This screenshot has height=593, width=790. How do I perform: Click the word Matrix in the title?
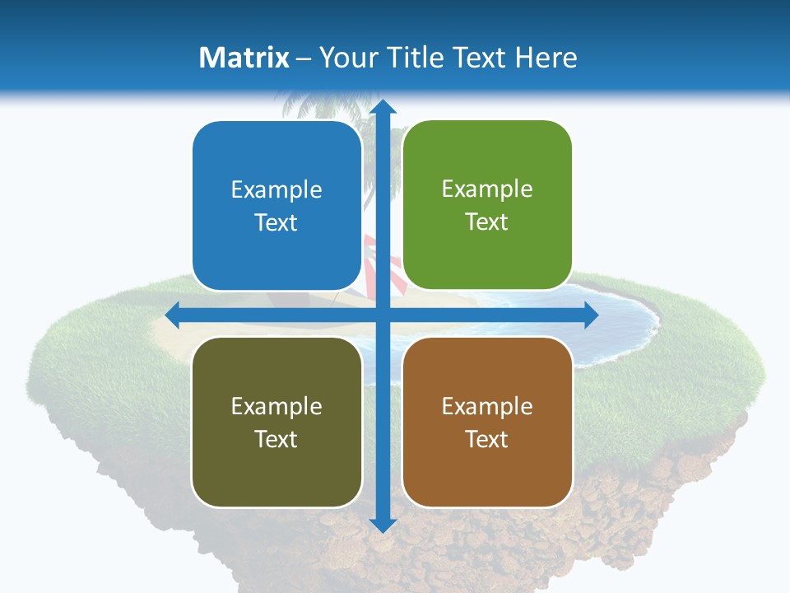tap(244, 58)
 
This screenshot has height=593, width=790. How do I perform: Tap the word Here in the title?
tap(546, 58)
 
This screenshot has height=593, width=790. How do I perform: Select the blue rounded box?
tap(276, 206)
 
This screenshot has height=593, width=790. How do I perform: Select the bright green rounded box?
tap(487, 205)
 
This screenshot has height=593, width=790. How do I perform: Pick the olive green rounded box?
tap(276, 422)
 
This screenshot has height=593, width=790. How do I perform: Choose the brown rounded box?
tap(487, 422)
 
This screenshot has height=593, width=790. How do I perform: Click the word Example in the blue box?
tap(276, 190)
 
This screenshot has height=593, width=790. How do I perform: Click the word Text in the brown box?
tap(487, 439)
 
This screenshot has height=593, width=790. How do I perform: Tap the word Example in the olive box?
tap(276, 406)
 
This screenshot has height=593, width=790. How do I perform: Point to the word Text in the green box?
tap(487, 222)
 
